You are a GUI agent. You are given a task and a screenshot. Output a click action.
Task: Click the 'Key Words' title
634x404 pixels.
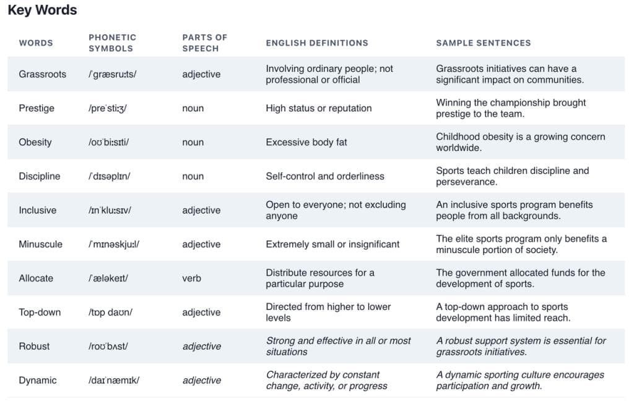(x=42, y=10)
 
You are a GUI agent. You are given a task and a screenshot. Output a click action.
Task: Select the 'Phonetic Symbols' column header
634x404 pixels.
(x=113, y=43)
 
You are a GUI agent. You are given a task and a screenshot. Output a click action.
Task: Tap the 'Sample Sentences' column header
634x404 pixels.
(x=483, y=43)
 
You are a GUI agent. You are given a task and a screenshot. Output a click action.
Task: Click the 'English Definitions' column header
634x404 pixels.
(x=317, y=43)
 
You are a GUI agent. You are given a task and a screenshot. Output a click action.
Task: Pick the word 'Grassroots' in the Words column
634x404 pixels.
(x=43, y=74)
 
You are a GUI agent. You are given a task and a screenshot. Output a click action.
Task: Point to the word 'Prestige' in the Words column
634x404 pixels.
(x=37, y=108)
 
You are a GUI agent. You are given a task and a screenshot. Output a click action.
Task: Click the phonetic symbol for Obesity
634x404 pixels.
(x=109, y=142)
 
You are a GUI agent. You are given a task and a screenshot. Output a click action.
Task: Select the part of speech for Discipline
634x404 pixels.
(x=193, y=176)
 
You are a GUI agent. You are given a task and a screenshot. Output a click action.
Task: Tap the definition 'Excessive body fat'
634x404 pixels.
(x=306, y=142)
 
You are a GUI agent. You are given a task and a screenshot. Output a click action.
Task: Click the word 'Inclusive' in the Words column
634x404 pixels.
(x=38, y=210)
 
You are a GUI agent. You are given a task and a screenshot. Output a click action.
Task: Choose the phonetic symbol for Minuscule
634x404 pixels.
(x=114, y=244)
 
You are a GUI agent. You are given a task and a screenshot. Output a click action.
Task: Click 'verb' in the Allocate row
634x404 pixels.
(x=192, y=278)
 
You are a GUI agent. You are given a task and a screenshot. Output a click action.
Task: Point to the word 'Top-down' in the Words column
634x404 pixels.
(x=40, y=312)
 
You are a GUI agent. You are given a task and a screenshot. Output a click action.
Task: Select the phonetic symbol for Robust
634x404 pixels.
(x=108, y=346)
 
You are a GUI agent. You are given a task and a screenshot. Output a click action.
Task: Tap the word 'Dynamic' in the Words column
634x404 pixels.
(x=38, y=380)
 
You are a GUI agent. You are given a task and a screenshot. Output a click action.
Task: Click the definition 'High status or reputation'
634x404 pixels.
(x=319, y=108)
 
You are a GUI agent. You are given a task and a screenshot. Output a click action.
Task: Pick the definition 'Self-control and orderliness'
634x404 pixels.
(x=325, y=176)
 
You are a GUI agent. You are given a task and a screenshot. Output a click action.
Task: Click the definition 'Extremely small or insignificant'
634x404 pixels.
(x=332, y=244)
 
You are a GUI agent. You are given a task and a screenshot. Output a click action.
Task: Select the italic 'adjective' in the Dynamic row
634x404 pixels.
(x=202, y=380)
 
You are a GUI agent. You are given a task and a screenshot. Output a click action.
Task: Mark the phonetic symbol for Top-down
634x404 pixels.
(x=110, y=312)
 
